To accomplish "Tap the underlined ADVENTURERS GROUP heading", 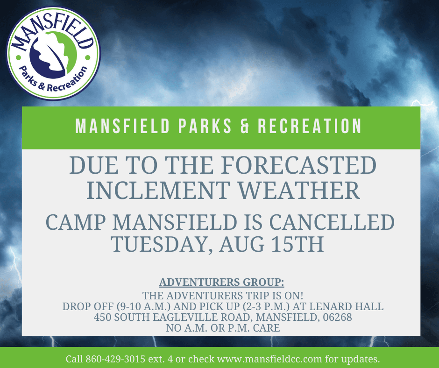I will coord(221,283).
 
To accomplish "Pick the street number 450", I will coord(102,318).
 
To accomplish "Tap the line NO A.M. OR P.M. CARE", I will coord(223,328).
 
